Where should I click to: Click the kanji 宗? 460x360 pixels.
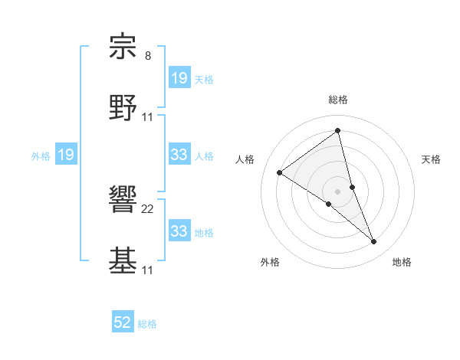tap(123, 47)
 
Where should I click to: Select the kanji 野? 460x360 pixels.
tap(123, 108)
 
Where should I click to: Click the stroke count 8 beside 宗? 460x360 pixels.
tap(147, 56)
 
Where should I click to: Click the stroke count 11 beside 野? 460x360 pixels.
tap(148, 116)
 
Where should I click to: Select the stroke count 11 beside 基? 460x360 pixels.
tap(148, 270)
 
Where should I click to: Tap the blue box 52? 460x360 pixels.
tap(123, 323)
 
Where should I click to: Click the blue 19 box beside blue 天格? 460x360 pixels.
tap(179, 78)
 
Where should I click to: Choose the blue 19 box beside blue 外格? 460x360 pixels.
tap(65, 155)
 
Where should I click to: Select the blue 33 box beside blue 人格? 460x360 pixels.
tap(179, 155)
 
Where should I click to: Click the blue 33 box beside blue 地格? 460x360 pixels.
tap(179, 231)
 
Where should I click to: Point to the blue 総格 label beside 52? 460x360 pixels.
tap(147, 324)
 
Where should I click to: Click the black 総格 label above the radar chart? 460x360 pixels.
tap(337, 100)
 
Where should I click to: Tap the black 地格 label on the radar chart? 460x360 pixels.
tap(402, 262)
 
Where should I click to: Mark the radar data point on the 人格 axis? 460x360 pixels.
tap(280, 172)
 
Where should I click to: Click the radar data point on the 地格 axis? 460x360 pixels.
tap(373, 242)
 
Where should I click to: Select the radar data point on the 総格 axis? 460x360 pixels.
tap(337, 131)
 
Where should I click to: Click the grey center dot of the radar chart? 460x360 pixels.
tap(337, 191)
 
